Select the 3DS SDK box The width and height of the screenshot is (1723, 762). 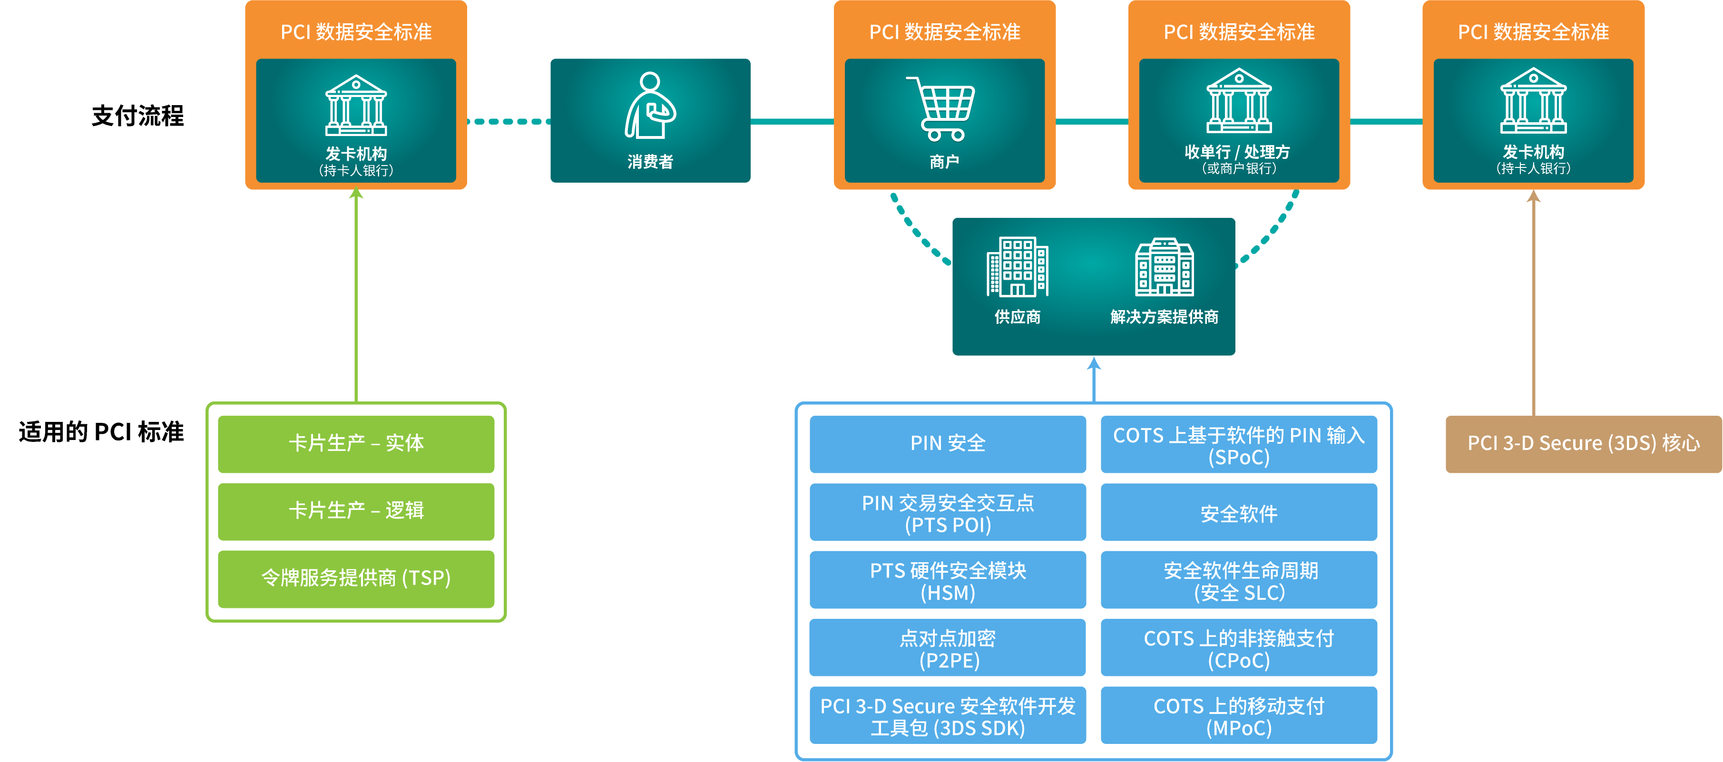(947, 715)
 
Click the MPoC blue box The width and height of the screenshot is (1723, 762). (1238, 715)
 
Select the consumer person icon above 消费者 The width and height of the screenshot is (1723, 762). (649, 106)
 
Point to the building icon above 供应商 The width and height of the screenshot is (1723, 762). (1018, 266)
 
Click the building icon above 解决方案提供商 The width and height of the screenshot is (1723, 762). (1164, 266)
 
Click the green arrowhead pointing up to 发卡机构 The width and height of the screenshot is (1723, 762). (356, 194)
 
